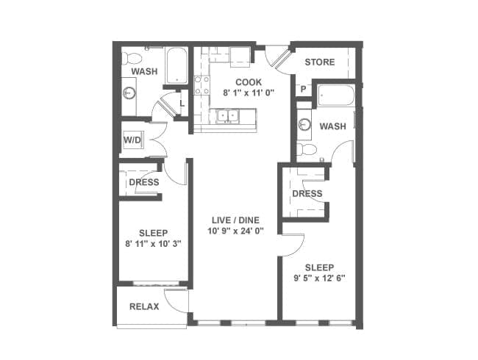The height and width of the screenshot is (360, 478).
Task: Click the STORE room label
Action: coord(319,62)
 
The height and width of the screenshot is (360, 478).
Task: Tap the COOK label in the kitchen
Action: coord(249,82)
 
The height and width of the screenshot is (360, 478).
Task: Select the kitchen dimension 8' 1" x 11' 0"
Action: coord(249,93)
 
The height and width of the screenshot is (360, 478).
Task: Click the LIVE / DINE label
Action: coord(235,220)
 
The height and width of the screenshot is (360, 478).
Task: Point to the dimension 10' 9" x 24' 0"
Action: coord(235,231)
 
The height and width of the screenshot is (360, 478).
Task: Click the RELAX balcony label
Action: coord(144,306)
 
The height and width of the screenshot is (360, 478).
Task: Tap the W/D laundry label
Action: coord(132,140)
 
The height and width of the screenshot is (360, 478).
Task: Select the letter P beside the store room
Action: coord(303,89)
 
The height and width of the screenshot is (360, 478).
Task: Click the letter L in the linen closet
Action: coord(182,104)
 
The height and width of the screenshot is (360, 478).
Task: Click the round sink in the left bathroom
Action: coord(129,93)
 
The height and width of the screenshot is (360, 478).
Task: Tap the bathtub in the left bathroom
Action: coord(176,65)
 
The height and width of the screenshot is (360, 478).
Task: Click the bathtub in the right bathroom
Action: coord(335,96)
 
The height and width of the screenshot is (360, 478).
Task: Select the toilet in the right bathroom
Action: coord(307,150)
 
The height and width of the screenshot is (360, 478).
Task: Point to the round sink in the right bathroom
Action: coord(304,124)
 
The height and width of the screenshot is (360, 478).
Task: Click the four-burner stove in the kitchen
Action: coord(201,85)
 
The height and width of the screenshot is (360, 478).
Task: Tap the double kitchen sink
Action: coord(228,116)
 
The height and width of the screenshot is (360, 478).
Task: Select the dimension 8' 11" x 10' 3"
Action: coord(154,244)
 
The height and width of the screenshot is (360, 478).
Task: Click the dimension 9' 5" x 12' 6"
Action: coord(319,278)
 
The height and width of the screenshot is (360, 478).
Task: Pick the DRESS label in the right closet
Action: coord(307,194)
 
